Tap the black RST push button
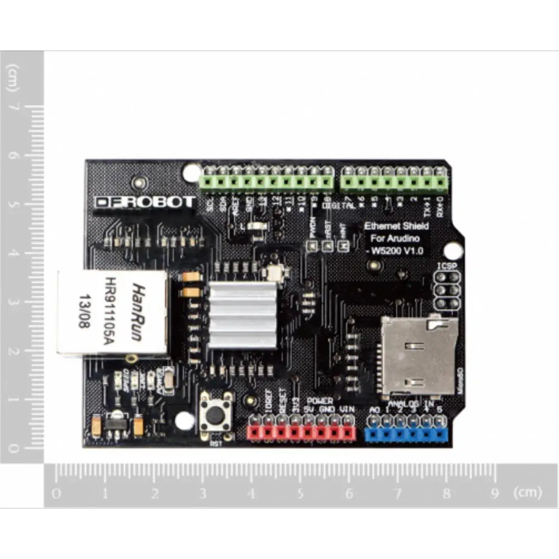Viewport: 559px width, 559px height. point(216,415)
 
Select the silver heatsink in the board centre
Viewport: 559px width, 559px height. point(242,315)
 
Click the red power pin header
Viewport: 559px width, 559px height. point(301,432)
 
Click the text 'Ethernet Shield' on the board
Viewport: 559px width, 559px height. point(396,226)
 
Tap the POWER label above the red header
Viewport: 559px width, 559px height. point(320,401)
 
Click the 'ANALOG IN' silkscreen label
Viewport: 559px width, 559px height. point(411,402)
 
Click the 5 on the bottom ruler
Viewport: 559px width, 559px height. point(301,494)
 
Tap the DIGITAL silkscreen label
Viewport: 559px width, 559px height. point(343,206)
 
